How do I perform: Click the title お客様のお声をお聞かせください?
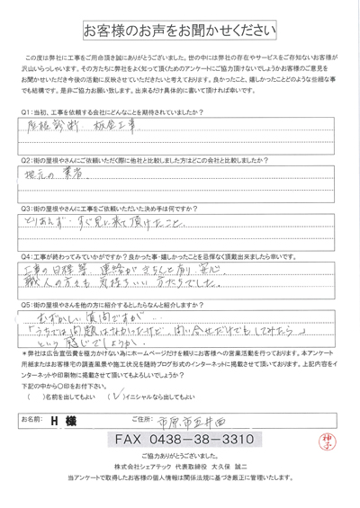tap(179, 31)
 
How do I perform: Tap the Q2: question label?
tap(23, 159)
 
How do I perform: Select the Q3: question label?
tap(23, 206)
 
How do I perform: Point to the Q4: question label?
tap(23, 254)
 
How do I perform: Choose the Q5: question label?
tap(23, 306)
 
